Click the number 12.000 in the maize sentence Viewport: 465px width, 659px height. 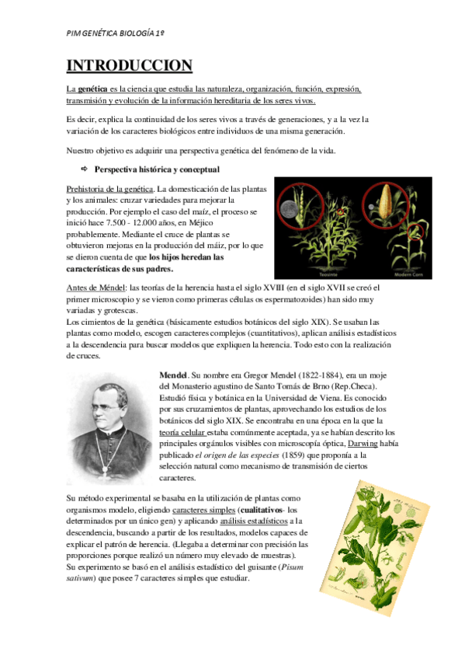point(162,221)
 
